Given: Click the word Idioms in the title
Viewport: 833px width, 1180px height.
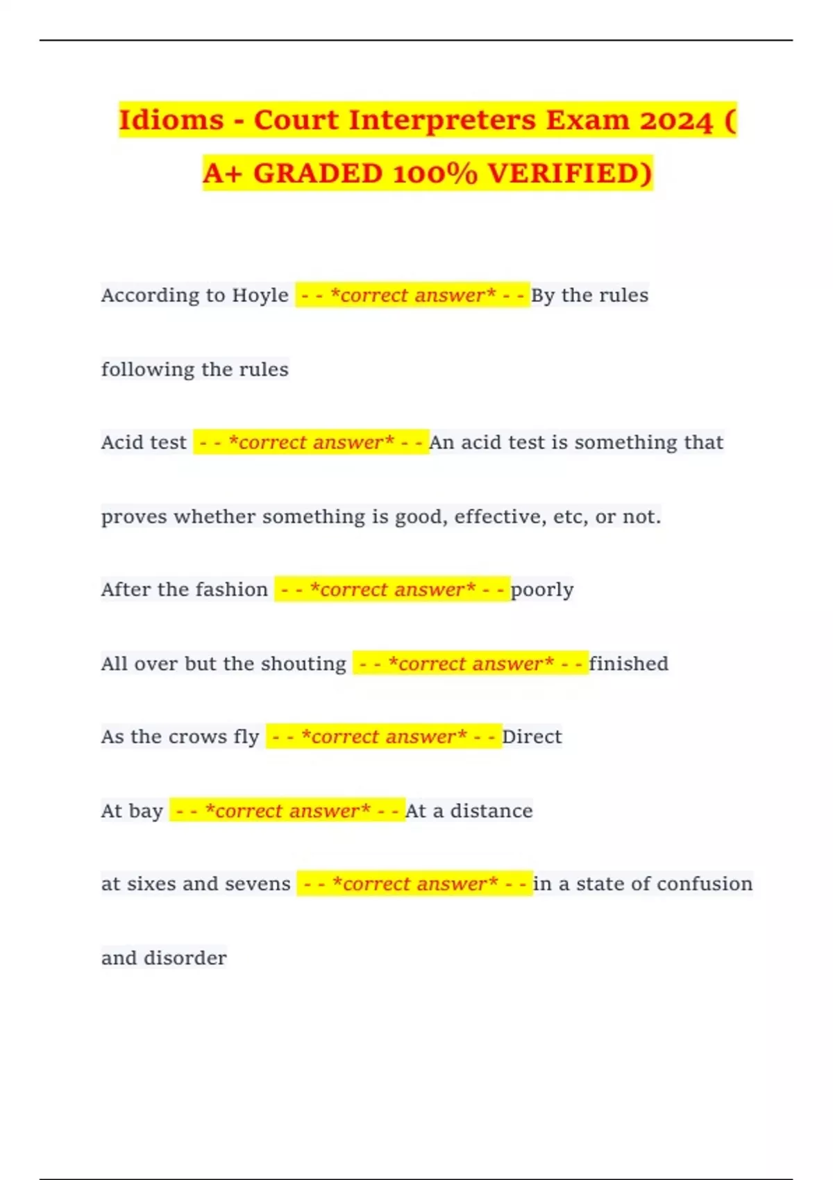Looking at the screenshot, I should [x=171, y=120].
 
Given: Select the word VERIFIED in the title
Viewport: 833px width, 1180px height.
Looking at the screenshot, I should [x=569, y=174].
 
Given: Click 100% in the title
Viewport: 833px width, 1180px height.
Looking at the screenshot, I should [x=435, y=174].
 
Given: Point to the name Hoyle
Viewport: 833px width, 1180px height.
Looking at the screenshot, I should [x=260, y=296].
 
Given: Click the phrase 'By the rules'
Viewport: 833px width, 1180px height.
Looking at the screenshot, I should [x=589, y=296].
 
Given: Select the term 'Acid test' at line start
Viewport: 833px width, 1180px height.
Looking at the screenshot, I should [x=144, y=443].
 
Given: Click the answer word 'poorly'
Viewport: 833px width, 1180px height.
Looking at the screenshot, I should [x=541, y=590].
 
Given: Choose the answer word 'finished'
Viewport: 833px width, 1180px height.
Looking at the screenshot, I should [x=628, y=664].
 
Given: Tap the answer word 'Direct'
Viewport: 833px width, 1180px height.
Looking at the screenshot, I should [x=532, y=736].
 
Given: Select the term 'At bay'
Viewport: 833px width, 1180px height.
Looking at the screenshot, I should [x=132, y=811].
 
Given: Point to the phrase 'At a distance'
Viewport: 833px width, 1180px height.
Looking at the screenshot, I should [x=469, y=811].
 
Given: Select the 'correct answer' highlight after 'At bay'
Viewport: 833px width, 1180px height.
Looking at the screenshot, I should [x=287, y=811].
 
